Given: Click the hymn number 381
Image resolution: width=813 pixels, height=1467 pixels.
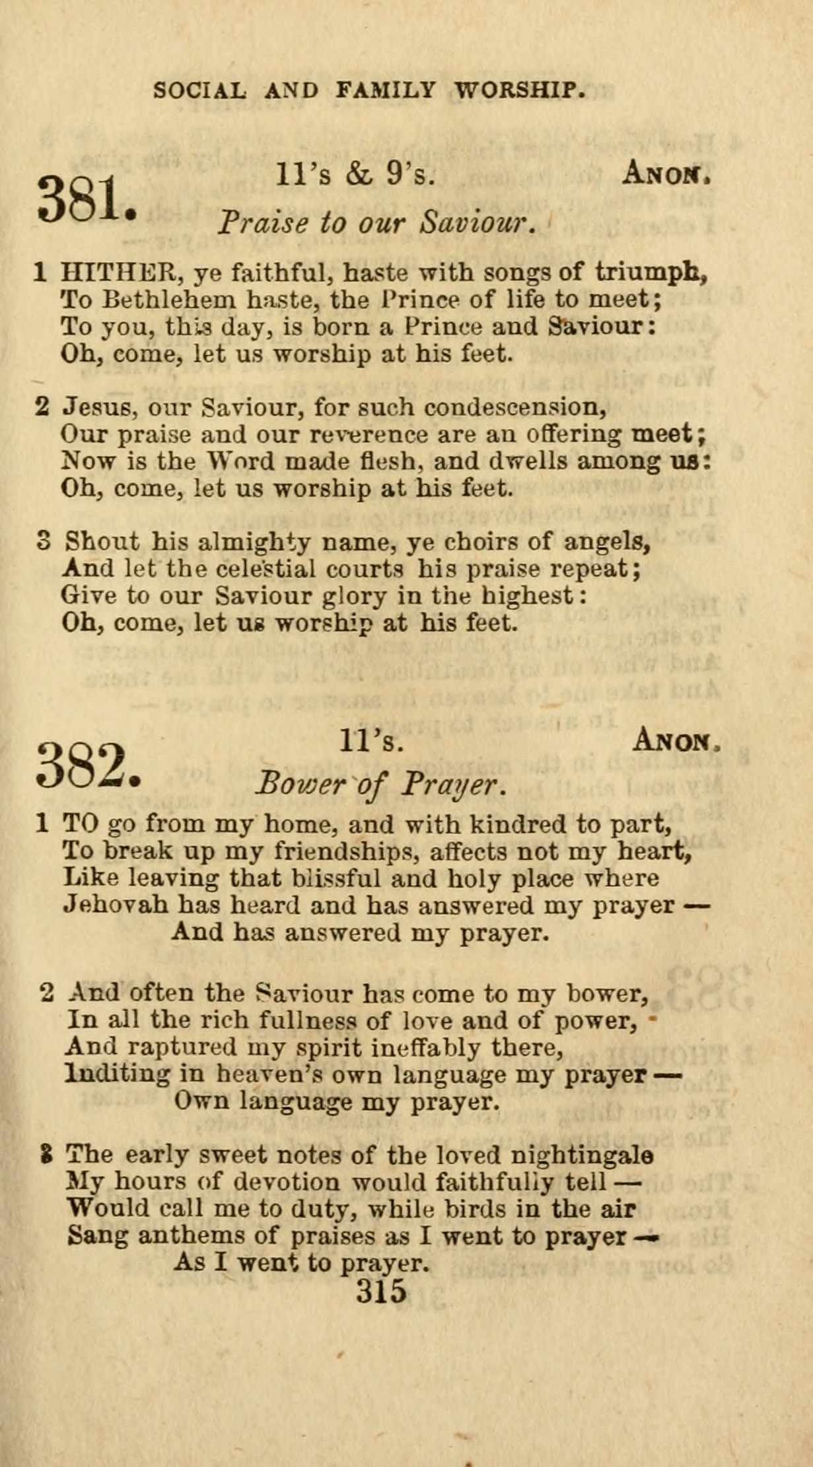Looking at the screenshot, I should click(x=87, y=199).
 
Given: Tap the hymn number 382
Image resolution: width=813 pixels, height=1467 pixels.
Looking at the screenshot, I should click(x=88, y=765).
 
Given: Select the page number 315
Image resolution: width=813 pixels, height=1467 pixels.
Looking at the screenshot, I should click(x=382, y=1290).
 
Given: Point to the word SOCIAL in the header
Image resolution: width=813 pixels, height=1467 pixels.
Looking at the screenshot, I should click(x=199, y=90).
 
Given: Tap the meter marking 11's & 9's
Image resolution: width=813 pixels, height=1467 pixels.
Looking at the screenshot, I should click(x=355, y=176).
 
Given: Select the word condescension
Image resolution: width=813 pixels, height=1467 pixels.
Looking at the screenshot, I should click(x=515, y=407).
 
